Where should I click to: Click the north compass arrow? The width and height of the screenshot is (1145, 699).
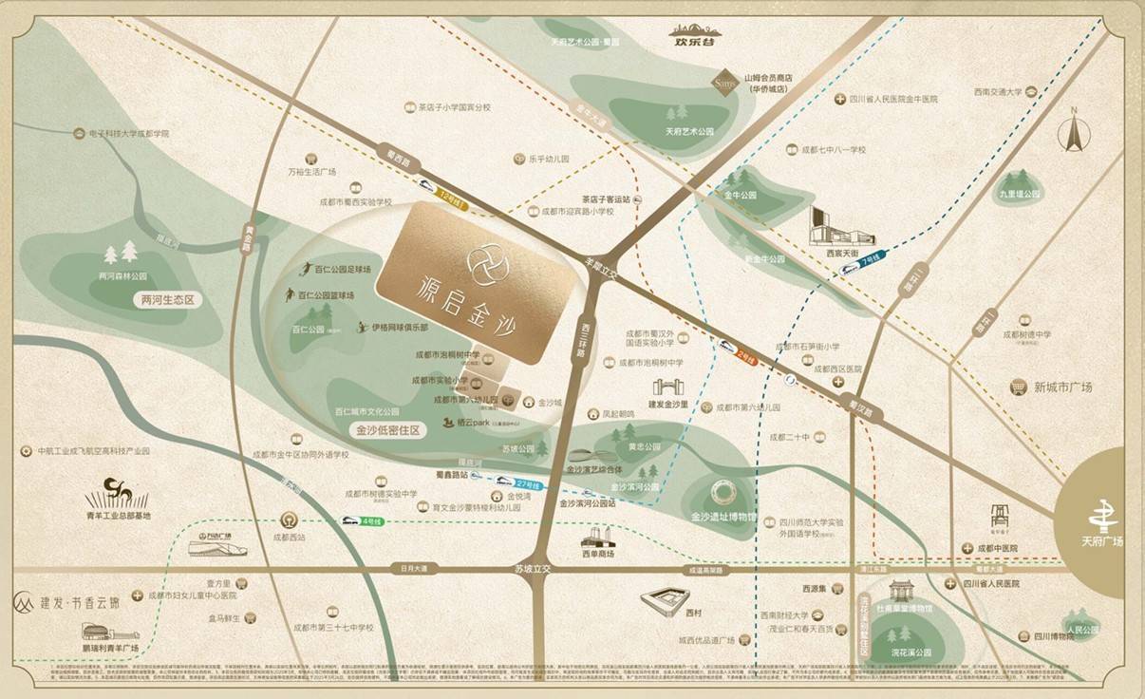pyautogui.click(x=1075, y=131)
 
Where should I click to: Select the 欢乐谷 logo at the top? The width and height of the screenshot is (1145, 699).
pyautogui.click(x=693, y=36)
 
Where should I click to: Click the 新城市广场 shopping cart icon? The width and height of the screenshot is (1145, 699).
pyautogui.click(x=1019, y=387)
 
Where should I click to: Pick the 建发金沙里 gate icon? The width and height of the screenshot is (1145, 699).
pyautogui.click(x=665, y=388)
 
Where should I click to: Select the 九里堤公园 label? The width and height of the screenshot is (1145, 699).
pyautogui.click(x=1019, y=194)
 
